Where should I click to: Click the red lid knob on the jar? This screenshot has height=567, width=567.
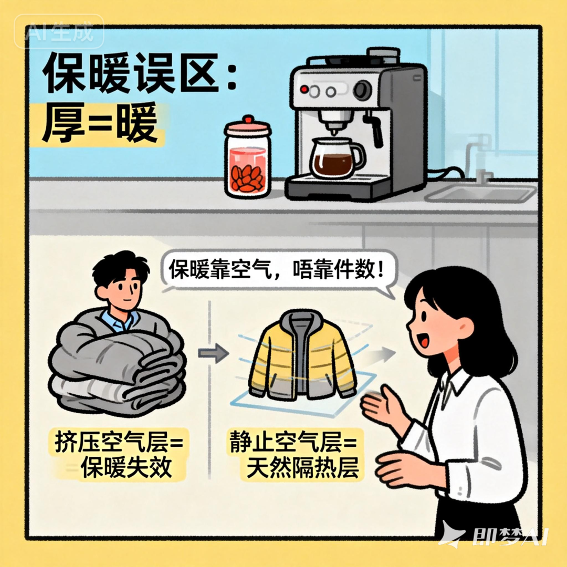(x=248, y=120)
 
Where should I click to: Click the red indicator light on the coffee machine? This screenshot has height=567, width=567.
(x=304, y=89)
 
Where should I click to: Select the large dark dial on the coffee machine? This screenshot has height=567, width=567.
(x=362, y=90)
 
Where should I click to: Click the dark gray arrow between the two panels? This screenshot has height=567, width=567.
(x=213, y=353)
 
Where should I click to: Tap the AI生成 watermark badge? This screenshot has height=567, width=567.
(x=59, y=31)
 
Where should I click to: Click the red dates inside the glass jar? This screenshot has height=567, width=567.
(x=247, y=180)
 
